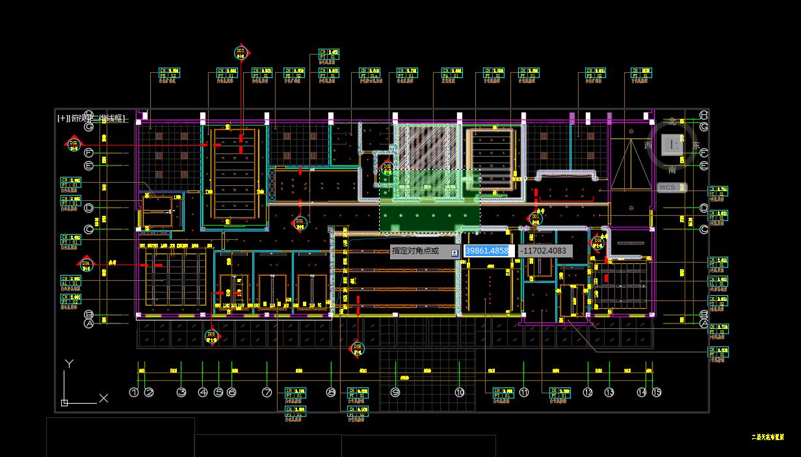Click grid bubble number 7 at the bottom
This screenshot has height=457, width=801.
(x=267, y=393)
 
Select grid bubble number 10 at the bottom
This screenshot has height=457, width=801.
(x=460, y=393)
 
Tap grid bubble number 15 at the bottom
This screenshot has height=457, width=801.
(x=657, y=392)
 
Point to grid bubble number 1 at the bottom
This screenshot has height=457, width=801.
(x=134, y=393)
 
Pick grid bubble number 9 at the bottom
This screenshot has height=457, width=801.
(x=395, y=393)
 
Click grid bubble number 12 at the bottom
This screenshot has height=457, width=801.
(x=588, y=393)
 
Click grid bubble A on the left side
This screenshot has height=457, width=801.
(x=89, y=323)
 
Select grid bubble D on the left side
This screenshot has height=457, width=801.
(x=89, y=208)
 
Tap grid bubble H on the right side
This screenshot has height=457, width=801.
(x=703, y=115)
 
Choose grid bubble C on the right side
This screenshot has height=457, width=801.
(x=703, y=229)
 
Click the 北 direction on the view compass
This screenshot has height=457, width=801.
(x=672, y=121)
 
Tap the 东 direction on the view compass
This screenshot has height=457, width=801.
(x=696, y=146)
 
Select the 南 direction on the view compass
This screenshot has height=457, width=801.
(x=672, y=170)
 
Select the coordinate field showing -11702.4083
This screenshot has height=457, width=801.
(x=545, y=251)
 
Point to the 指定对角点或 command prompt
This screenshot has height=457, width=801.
(x=416, y=251)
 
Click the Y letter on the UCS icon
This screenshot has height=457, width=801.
(x=69, y=363)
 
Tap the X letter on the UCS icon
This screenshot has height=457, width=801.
(x=103, y=398)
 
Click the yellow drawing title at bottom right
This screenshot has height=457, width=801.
(x=767, y=437)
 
